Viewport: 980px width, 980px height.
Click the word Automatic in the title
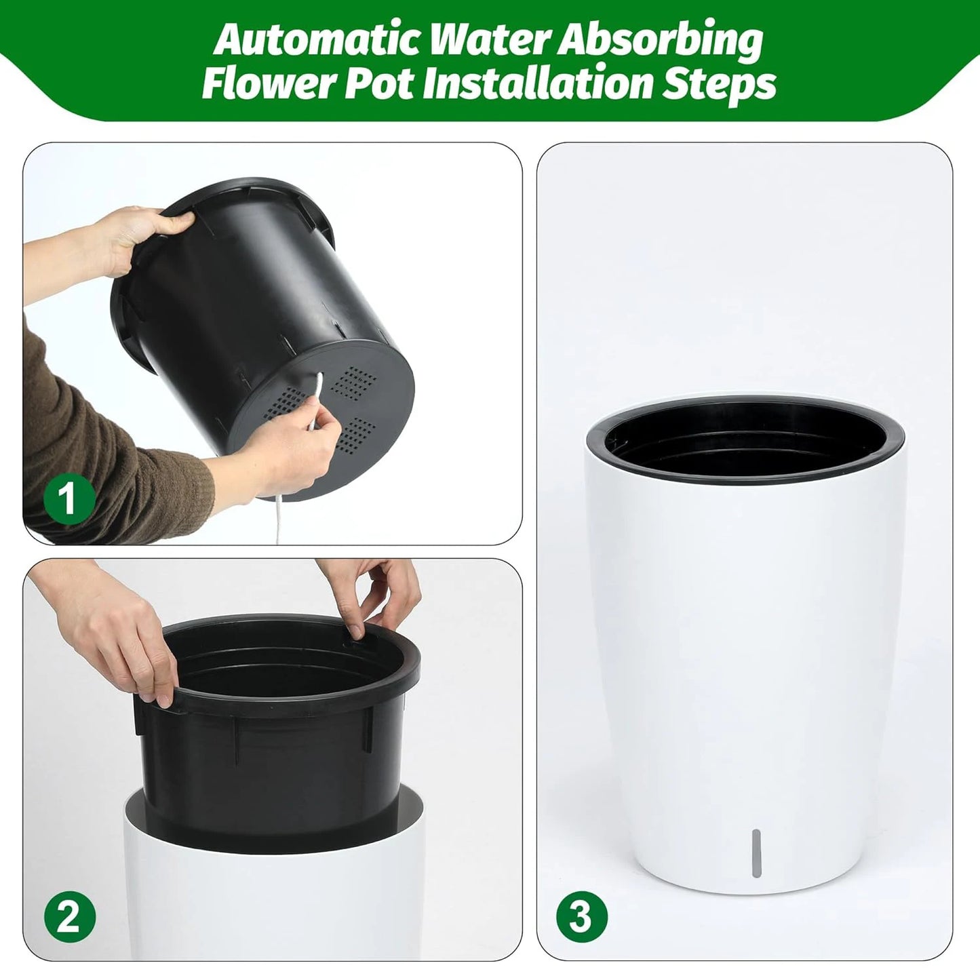tap(318, 41)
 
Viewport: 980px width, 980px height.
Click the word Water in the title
tap(497, 41)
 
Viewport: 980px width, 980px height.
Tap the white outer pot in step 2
tap(271, 902)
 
